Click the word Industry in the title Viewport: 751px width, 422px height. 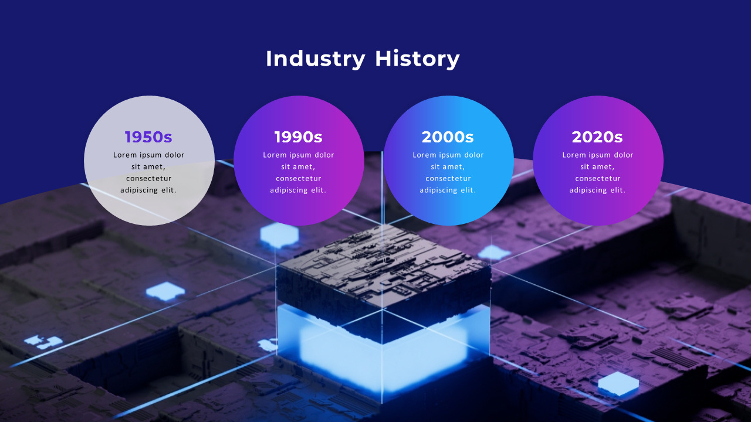[315, 59]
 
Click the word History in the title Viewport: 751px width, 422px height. [417, 59]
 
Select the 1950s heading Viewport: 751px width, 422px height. [148, 137]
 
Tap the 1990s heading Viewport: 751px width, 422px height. [298, 137]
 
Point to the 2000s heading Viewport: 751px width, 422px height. [448, 137]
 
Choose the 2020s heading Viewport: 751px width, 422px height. [597, 137]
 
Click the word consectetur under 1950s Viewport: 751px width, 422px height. [148, 178]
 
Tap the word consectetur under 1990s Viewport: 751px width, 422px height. [298, 178]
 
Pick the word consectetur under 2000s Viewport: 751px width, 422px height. [448, 178]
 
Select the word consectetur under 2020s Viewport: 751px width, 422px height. [597, 178]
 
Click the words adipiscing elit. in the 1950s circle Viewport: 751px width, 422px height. [148, 190]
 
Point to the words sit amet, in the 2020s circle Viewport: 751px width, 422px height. [597, 166]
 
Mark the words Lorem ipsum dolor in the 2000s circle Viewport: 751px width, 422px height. [448, 155]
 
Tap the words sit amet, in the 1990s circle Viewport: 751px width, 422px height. [298, 166]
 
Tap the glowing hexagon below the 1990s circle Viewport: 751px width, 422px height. [279, 234]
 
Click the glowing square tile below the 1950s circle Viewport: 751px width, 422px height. [165, 291]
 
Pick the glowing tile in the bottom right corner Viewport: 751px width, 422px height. [618, 383]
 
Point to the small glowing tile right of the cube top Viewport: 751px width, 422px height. [494, 253]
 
